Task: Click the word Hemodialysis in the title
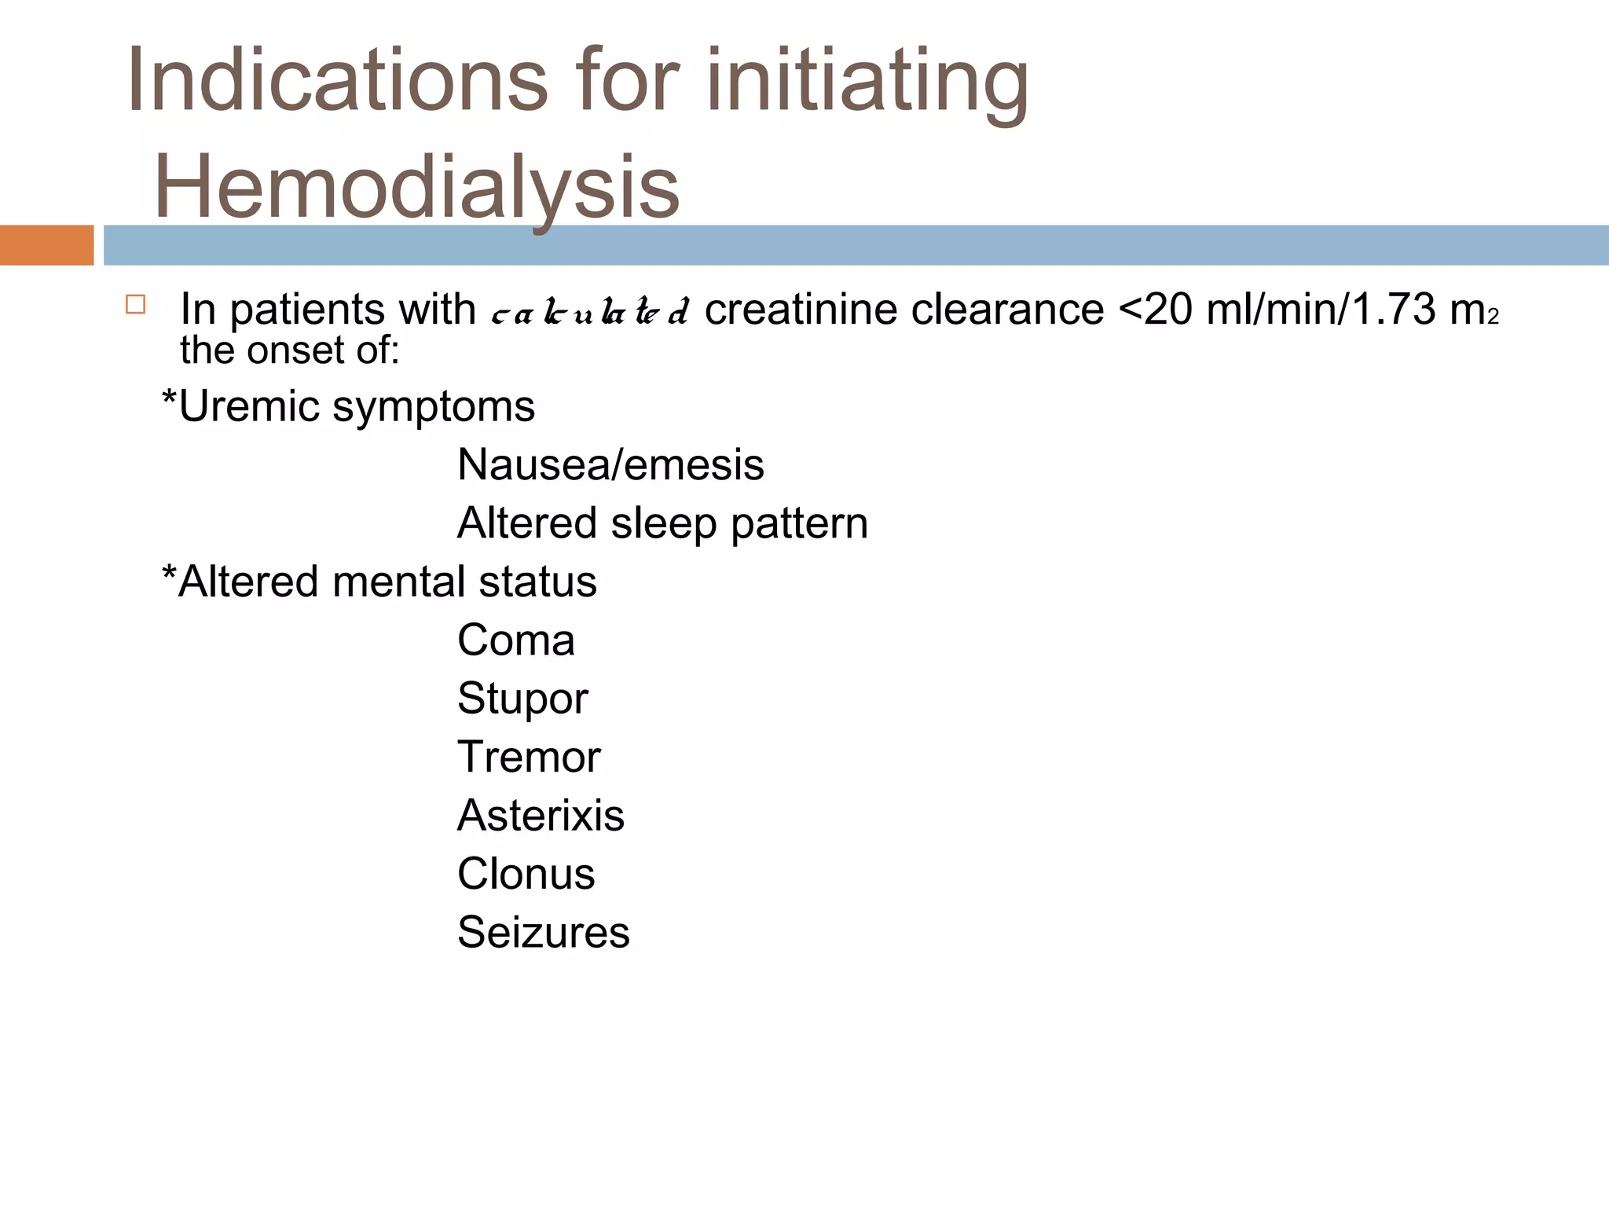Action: (416, 186)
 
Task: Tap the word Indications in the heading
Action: (336, 80)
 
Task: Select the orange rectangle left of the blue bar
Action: (46, 245)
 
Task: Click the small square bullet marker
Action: (135, 305)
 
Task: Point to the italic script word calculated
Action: (590, 312)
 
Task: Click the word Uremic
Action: (249, 406)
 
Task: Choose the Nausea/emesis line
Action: (610, 464)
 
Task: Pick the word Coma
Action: (516, 640)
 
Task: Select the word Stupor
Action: (522, 699)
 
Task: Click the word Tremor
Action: (529, 757)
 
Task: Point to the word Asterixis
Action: (541, 815)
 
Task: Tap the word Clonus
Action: (526, 874)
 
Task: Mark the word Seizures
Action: (543, 932)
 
